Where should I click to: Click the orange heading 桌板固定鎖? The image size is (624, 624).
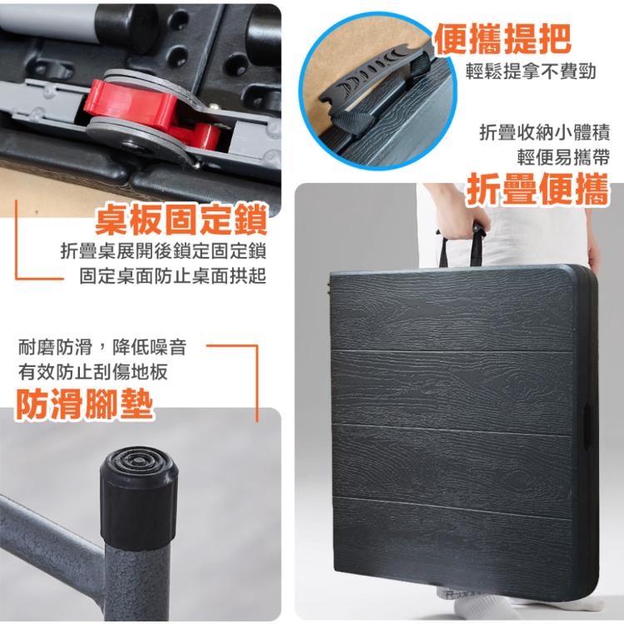(181, 220)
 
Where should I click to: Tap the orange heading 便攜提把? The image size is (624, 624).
(503, 38)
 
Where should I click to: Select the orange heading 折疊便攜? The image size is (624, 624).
(538, 190)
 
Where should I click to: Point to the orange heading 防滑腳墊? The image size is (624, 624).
(84, 404)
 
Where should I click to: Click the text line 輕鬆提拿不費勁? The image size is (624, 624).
(531, 72)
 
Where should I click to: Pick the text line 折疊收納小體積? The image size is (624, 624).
(544, 132)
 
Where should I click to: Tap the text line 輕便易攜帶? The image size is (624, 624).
(563, 157)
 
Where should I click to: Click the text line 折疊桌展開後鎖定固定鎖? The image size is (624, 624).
(163, 251)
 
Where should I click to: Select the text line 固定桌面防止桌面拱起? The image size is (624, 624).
(173, 276)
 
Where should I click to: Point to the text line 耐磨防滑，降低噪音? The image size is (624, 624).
(102, 348)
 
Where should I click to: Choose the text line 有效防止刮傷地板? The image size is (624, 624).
(92, 372)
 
